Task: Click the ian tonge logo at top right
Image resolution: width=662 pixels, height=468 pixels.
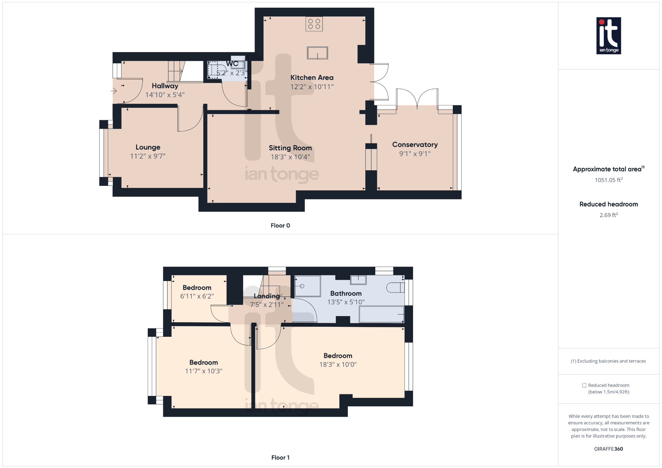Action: (x=608, y=36)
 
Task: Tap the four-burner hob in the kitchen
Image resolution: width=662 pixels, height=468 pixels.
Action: (x=314, y=24)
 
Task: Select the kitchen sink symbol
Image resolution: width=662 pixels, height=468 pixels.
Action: (x=317, y=53)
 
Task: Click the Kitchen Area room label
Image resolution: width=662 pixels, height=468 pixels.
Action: (x=312, y=78)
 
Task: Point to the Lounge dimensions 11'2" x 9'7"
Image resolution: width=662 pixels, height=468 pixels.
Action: (x=148, y=156)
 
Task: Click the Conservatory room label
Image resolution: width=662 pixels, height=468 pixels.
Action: (x=415, y=144)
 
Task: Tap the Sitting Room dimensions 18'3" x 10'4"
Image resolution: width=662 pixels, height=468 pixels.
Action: (x=290, y=157)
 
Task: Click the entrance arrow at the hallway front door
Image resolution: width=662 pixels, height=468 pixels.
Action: (x=114, y=91)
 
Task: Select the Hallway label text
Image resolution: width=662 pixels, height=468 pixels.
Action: (x=165, y=86)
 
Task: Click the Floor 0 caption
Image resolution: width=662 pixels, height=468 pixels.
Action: (x=280, y=226)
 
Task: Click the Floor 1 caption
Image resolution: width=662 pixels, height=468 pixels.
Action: (x=280, y=457)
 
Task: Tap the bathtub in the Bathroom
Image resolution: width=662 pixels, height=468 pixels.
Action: (x=381, y=314)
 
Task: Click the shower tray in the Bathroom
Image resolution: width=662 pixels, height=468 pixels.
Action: (x=307, y=286)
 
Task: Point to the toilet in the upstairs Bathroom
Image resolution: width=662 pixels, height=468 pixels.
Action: (x=395, y=287)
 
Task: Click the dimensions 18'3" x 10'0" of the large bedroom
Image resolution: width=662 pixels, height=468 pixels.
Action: (x=338, y=365)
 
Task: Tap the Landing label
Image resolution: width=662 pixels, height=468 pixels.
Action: (x=267, y=296)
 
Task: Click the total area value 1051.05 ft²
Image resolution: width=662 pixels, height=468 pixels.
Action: (x=608, y=180)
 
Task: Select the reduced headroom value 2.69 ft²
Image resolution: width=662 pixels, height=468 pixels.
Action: (x=608, y=215)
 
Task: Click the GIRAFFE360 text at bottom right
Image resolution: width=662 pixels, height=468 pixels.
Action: (x=608, y=449)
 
